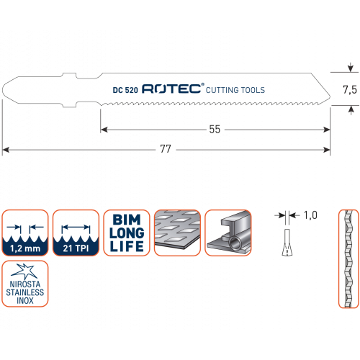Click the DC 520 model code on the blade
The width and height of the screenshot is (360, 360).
125,90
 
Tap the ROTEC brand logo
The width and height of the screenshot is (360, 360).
173,89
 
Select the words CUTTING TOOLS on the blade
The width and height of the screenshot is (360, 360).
235,90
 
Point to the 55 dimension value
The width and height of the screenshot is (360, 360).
215,130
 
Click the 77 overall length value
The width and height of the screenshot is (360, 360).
166,149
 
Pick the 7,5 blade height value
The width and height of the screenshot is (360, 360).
350,90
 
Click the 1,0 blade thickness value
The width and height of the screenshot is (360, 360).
310,215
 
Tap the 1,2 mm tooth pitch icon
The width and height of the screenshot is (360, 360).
25,233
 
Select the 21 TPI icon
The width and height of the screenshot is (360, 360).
76,233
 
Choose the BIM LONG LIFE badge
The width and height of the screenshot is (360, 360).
127,233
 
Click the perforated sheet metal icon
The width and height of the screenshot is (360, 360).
177,233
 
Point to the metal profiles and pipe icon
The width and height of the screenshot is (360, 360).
228,233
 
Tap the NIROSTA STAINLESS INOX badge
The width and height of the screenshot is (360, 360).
25,284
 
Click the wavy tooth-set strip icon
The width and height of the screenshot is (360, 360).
348,258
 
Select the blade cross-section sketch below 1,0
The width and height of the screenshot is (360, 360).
287,243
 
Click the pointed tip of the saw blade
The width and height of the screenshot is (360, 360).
330,96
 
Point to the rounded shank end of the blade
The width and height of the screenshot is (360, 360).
4,90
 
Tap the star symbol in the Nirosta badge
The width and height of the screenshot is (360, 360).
24,271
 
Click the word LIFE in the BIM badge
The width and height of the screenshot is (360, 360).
127,246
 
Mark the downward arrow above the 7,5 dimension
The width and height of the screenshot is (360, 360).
351,68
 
